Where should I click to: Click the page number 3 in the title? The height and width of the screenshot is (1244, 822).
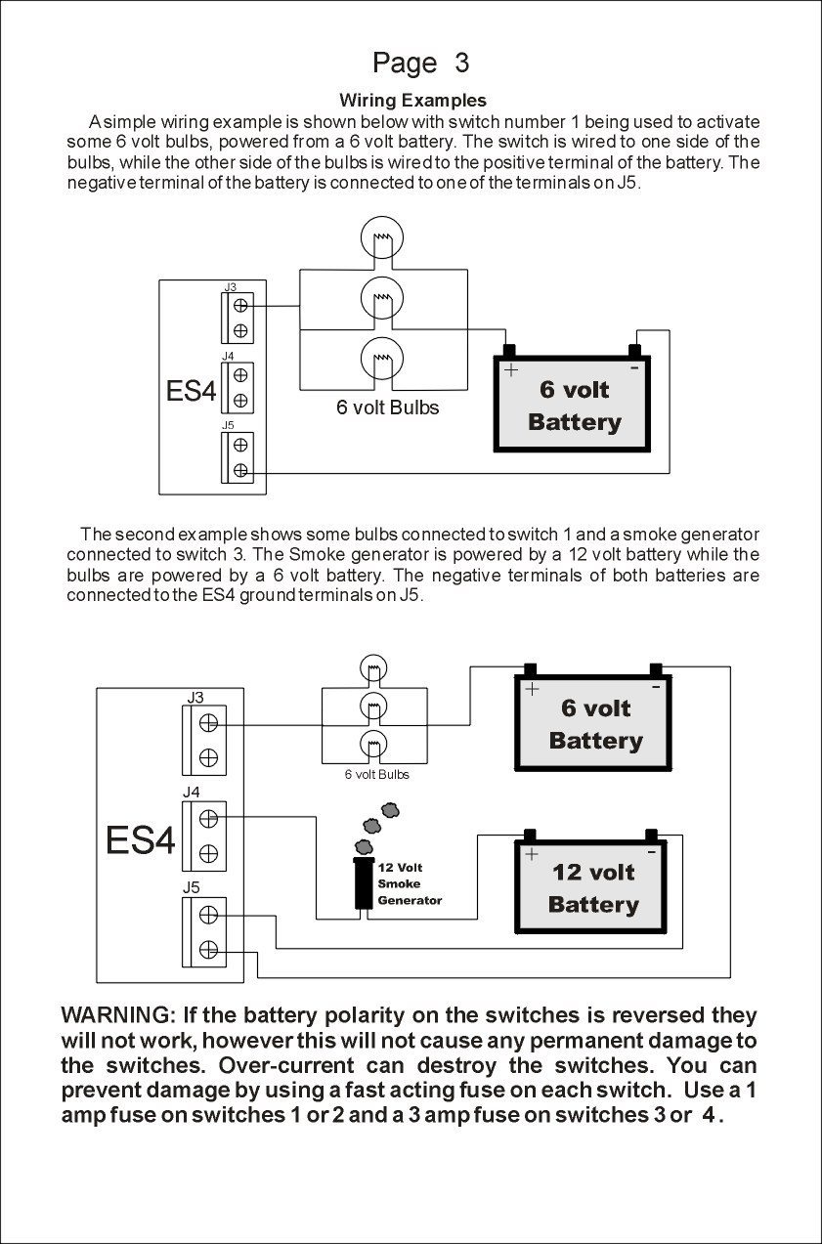click(x=461, y=64)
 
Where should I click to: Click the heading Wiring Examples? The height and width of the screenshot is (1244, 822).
click(x=412, y=100)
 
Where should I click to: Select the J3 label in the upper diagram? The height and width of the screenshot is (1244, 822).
click(x=230, y=286)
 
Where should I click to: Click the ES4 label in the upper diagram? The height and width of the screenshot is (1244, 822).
click(x=191, y=392)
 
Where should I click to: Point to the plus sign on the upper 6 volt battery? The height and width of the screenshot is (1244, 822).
click(x=510, y=370)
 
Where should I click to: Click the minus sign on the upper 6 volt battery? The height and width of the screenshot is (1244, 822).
click(x=634, y=367)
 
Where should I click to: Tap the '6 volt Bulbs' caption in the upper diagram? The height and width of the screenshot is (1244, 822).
click(x=388, y=408)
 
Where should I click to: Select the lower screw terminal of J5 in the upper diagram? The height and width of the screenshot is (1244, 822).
click(x=239, y=471)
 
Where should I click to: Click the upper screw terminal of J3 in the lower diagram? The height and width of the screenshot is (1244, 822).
click(x=208, y=723)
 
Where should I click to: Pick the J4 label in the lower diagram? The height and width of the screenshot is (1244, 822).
click(x=192, y=793)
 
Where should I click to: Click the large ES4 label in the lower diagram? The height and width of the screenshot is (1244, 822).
click(x=141, y=840)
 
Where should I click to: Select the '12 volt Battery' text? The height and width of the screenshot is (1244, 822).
click(x=593, y=887)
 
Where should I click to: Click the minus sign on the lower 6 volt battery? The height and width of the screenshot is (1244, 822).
click(x=655, y=687)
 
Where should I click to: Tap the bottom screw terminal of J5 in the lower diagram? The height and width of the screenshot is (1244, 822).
click(x=208, y=949)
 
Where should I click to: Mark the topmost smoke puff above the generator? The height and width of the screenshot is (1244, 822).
click(x=390, y=809)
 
